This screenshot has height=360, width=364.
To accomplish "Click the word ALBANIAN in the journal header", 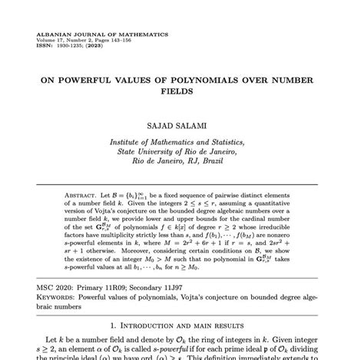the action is (54, 35).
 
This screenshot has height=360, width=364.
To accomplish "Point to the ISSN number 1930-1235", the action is (72, 46).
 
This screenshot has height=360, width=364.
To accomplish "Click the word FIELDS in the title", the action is (183, 91).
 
